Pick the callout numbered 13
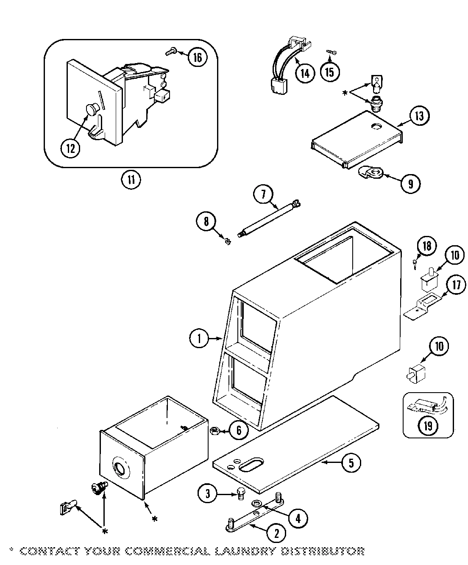(419, 116)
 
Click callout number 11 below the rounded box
(131, 180)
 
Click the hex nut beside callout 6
(214, 431)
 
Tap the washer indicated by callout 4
(257, 503)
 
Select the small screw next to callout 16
(170, 53)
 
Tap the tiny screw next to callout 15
(331, 52)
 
